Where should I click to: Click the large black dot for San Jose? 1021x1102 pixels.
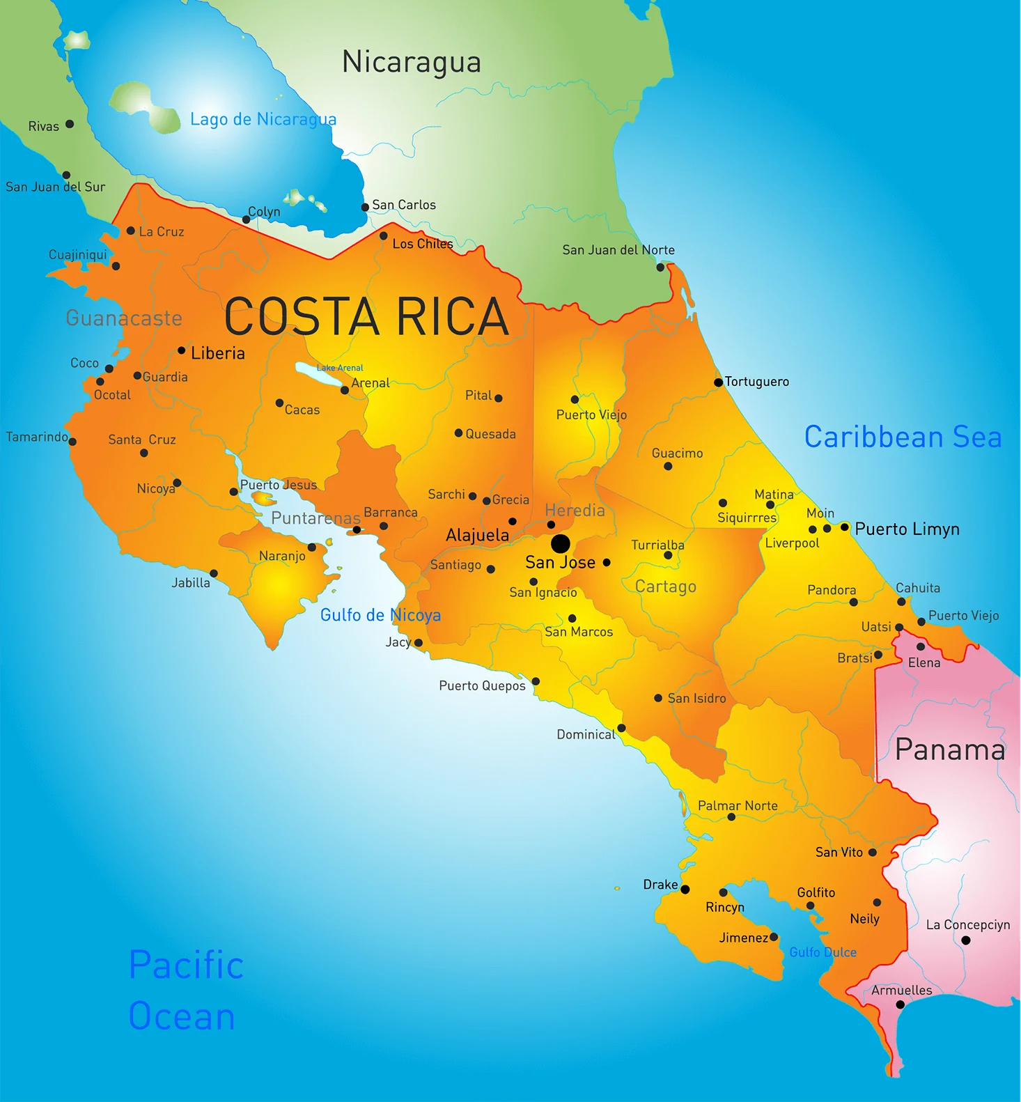(x=560, y=543)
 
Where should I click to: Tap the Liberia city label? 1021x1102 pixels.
(x=218, y=353)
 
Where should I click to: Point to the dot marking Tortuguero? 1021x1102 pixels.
(x=718, y=382)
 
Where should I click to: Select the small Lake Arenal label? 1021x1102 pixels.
(x=340, y=368)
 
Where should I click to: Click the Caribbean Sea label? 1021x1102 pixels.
(x=903, y=437)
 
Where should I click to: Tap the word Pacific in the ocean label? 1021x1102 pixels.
(x=187, y=965)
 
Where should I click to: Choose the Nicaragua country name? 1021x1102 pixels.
(x=412, y=62)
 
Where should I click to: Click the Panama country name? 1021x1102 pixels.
(x=950, y=750)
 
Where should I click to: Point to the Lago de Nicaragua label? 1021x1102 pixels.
(x=263, y=119)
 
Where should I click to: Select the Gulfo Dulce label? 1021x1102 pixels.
(x=823, y=952)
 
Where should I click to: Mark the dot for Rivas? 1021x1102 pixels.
(x=70, y=124)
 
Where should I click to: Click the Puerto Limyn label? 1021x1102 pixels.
(x=907, y=529)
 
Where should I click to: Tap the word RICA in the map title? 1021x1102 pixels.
(x=453, y=317)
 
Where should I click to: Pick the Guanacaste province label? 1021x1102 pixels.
(x=124, y=318)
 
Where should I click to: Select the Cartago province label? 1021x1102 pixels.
(x=665, y=587)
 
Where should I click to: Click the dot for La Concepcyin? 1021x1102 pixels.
(x=966, y=940)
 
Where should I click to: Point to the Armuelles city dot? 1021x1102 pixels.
(x=900, y=1004)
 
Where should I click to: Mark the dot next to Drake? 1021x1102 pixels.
(x=685, y=890)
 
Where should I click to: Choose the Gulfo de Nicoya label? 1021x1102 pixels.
(x=380, y=615)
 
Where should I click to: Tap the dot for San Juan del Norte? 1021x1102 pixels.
(x=660, y=267)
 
